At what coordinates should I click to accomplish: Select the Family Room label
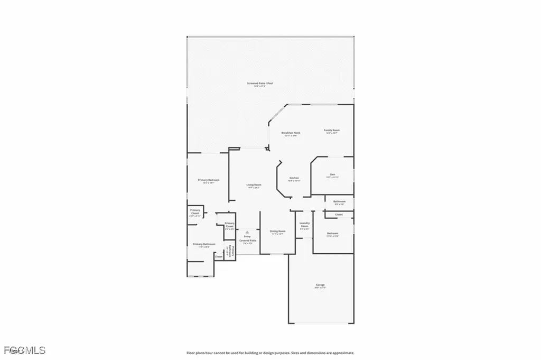click(332, 130)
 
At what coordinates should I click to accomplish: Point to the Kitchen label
click(294, 178)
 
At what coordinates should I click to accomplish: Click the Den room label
click(332, 174)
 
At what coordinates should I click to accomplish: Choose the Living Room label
click(254, 184)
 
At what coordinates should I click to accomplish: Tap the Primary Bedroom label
click(209, 180)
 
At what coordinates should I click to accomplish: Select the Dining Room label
click(278, 231)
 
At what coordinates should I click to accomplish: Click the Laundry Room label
click(305, 225)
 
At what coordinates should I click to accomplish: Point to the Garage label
click(320, 285)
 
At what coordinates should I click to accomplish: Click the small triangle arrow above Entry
click(247, 232)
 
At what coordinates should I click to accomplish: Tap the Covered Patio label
click(247, 241)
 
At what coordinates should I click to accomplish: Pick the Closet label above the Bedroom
click(339, 215)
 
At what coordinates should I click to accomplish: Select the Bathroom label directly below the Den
click(339, 201)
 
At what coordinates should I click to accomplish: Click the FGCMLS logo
click(24, 350)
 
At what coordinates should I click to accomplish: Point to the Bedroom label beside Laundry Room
click(332, 233)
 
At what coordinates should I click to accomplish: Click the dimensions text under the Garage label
click(320, 289)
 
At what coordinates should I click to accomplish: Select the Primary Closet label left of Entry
click(229, 225)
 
